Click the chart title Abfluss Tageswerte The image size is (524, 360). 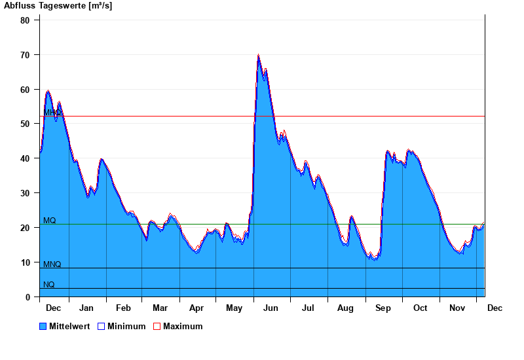pyautogui.click(x=53, y=6)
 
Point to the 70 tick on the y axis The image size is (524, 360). pyautogui.click(x=26, y=55)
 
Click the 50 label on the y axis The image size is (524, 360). pyautogui.click(x=26, y=124)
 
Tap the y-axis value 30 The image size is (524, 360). pyautogui.click(x=26, y=193)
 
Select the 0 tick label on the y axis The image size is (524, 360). pyautogui.click(x=28, y=297)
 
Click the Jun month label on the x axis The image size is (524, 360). pyautogui.click(x=270, y=308)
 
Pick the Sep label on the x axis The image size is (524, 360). pyautogui.click(x=383, y=308)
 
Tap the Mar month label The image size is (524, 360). pyautogui.click(x=160, y=308)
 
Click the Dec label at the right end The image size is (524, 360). pyautogui.click(x=495, y=308)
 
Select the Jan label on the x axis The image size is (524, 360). pyautogui.click(x=86, y=308)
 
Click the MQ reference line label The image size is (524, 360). pyautogui.click(x=50, y=221)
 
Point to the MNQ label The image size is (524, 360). pyautogui.click(x=52, y=264)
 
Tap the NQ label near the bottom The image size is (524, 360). pyautogui.click(x=49, y=285)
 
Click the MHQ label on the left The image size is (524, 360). pyautogui.click(x=52, y=113)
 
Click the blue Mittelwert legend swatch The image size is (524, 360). pyautogui.click(x=43, y=327)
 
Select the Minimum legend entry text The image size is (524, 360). pyautogui.click(x=126, y=327)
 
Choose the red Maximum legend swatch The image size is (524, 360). pyautogui.click(x=157, y=327)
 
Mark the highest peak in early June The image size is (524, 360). pyautogui.click(x=259, y=55)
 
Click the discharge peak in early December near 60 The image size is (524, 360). pyautogui.click(x=48, y=91)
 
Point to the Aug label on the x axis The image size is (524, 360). pyautogui.click(x=345, y=308)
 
